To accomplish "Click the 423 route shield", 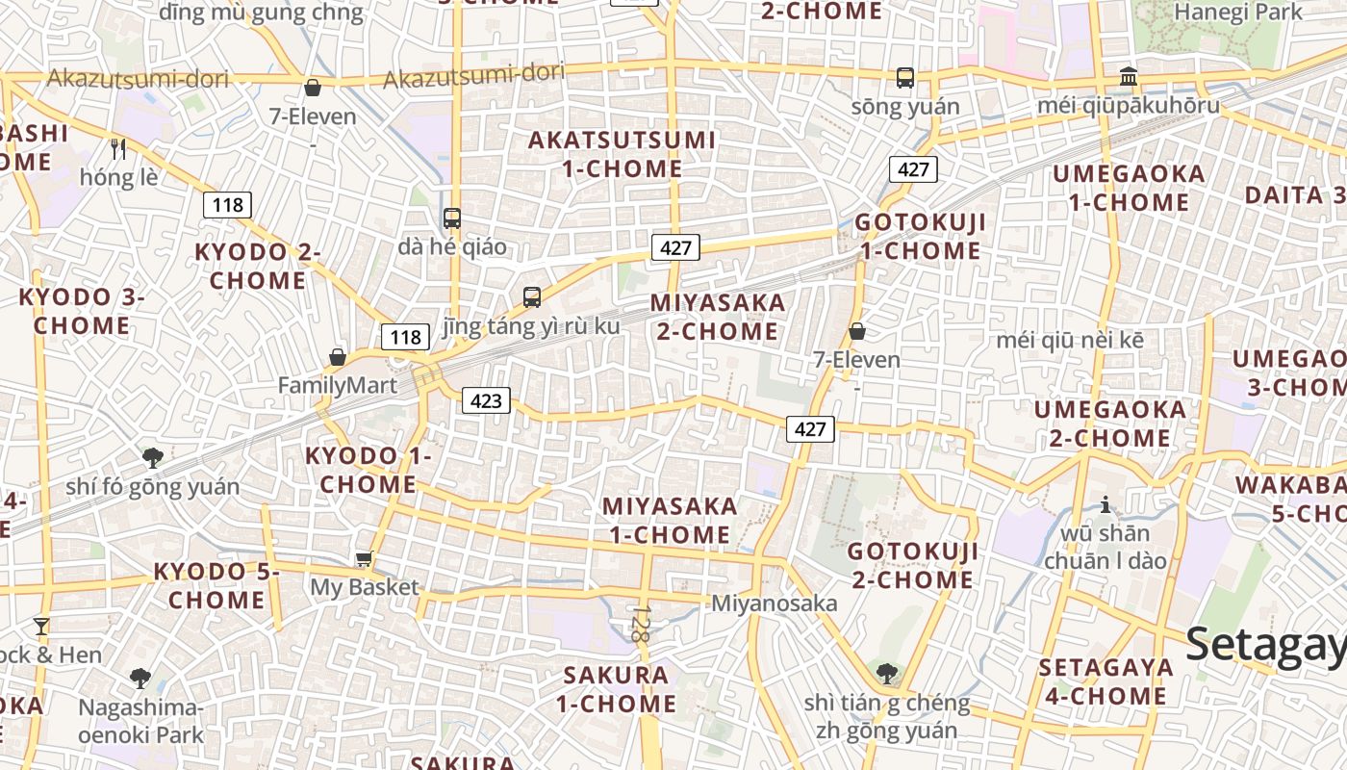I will coord(486,399).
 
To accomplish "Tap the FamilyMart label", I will coord(337,385).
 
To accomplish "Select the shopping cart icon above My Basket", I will coord(364,558).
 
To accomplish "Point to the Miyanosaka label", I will coord(774,603).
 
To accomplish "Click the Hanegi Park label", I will coord(1237,12).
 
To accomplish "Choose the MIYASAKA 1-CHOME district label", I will coord(670,520).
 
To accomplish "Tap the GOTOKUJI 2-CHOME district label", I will coord(912,565).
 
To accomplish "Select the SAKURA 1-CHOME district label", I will coord(616,688).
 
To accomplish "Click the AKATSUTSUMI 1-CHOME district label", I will coord(622,154).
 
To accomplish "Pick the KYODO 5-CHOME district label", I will coord(216,585).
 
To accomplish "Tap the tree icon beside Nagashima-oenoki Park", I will coord(140,678).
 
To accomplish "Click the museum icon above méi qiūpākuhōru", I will coord(1129,76).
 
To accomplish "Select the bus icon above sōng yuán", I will coord(904,78).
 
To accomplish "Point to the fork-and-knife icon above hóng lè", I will coord(118,148).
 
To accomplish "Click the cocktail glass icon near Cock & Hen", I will coord(40,627).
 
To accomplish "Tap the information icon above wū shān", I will coord(1106,504).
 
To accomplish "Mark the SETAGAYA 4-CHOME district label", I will coord(1106,681).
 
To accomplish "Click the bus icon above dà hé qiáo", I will coord(452,218).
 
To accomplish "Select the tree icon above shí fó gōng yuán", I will coord(152,457).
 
